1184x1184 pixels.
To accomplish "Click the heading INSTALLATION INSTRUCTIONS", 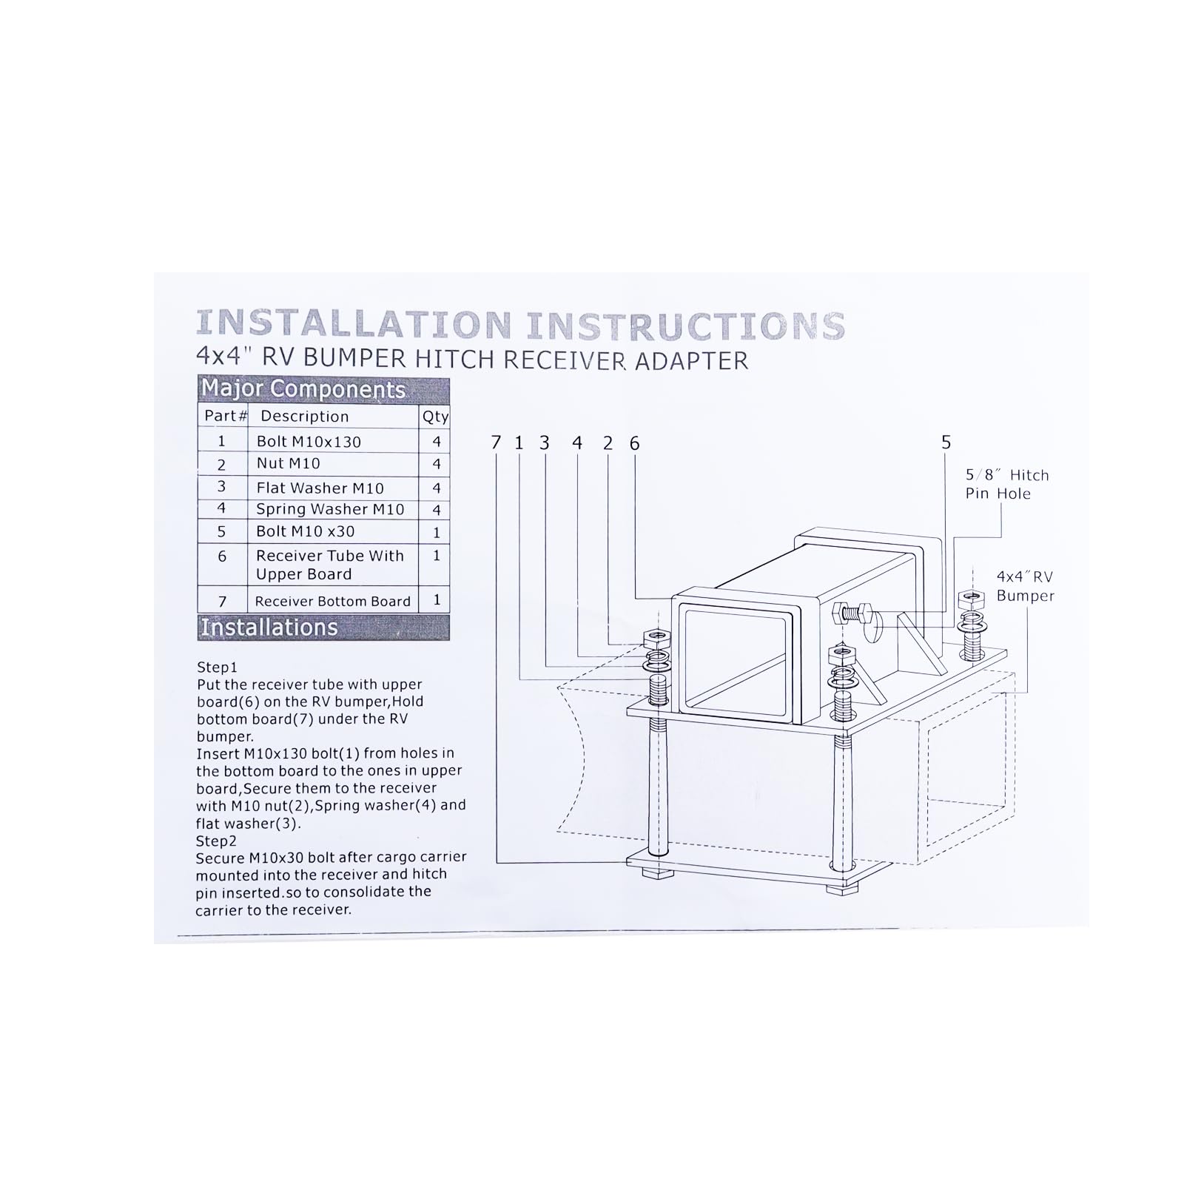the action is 520,325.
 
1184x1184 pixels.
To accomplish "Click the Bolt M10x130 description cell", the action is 309,442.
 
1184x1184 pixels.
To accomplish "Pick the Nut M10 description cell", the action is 289,463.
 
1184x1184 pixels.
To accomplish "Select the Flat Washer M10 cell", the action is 320,488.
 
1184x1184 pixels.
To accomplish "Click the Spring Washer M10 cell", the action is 330,509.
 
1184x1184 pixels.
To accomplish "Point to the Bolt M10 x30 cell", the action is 305,531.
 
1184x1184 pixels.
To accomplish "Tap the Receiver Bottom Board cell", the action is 332,601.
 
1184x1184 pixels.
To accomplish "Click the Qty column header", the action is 436,417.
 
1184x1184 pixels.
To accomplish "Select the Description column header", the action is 304,416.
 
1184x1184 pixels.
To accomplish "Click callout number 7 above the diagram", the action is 496,443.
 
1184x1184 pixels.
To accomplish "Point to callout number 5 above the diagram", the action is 946,442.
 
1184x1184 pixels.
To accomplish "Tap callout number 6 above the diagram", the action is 634,443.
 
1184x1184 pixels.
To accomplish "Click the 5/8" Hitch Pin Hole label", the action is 1007,484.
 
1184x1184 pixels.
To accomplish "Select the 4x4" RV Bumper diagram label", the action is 1025,586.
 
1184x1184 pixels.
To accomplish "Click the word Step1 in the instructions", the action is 217,667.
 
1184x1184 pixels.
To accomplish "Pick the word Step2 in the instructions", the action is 216,841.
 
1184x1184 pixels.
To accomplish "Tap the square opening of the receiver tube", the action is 740,657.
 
